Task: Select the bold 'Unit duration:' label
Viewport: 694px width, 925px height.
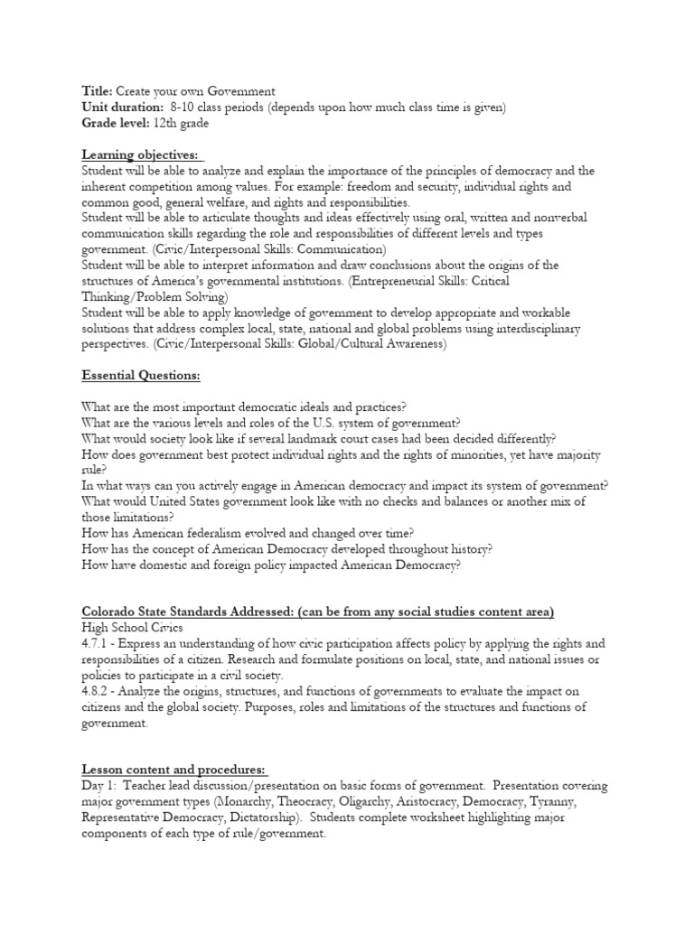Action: pyautogui.click(x=117, y=107)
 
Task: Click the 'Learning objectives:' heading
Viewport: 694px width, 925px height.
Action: pyautogui.click(x=139, y=155)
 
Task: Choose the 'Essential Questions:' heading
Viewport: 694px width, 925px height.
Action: pyautogui.click(x=140, y=376)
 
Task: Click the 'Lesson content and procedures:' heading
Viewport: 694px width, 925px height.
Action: pyautogui.click(x=173, y=769)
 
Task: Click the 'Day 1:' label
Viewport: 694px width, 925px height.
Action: pyautogui.click(x=98, y=786)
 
